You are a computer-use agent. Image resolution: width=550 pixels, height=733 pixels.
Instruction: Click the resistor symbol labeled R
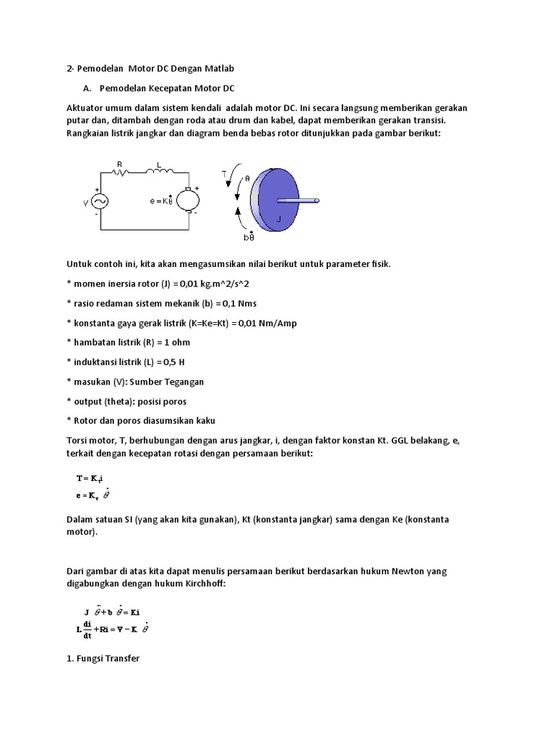[122, 172]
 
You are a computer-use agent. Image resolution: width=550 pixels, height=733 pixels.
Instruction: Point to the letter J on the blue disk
[279, 219]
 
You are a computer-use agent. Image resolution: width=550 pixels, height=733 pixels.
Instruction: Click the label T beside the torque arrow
[223, 174]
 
